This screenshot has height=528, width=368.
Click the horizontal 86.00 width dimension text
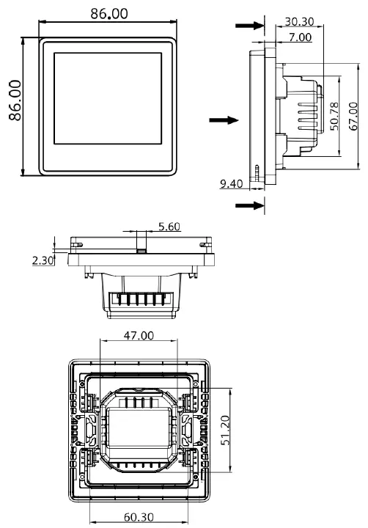click(108, 14)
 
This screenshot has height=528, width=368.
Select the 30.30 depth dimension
click(301, 22)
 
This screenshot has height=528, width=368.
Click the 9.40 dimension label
click(232, 183)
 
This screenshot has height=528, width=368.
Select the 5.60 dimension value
click(169, 227)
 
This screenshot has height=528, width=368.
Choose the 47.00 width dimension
click(138, 336)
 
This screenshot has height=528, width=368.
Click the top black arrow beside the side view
click(250, 26)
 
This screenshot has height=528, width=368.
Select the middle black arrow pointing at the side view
click(224, 120)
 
